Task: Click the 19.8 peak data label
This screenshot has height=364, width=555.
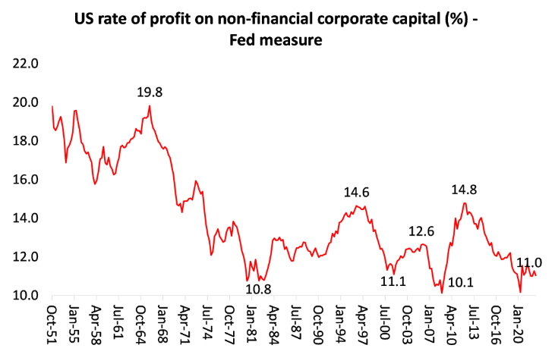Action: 150,92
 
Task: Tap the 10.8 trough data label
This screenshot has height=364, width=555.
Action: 257,288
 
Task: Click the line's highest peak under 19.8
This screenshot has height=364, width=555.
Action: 150,106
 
